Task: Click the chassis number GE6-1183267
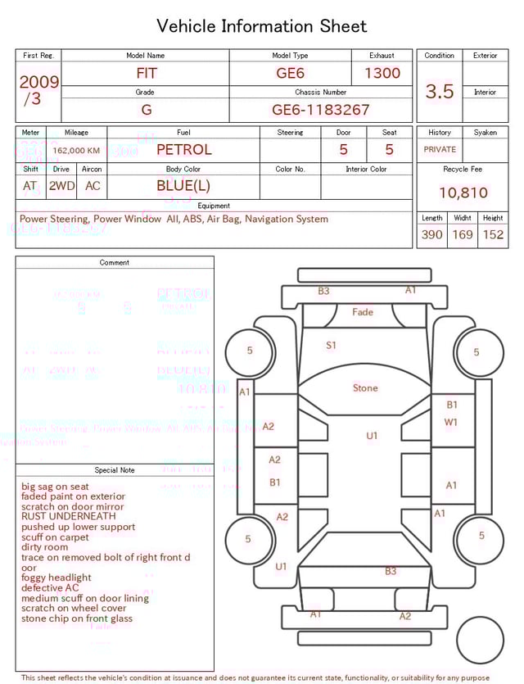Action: [320, 110]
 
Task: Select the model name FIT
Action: [147, 73]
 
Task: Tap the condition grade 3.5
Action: [440, 92]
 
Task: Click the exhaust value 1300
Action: [382, 73]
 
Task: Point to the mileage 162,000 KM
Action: [76, 151]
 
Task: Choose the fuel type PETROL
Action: [183, 150]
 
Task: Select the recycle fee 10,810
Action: [463, 193]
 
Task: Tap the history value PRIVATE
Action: [440, 150]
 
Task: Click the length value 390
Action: [431, 235]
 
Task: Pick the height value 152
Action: [493, 235]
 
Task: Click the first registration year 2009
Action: [38, 82]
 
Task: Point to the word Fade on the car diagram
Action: [363, 312]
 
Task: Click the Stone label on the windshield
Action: [365, 387]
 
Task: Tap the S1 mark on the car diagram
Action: [331, 346]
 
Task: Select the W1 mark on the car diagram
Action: [451, 422]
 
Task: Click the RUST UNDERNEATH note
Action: [69, 517]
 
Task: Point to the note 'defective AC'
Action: [50, 588]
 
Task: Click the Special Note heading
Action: [115, 470]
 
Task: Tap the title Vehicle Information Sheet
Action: [262, 26]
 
